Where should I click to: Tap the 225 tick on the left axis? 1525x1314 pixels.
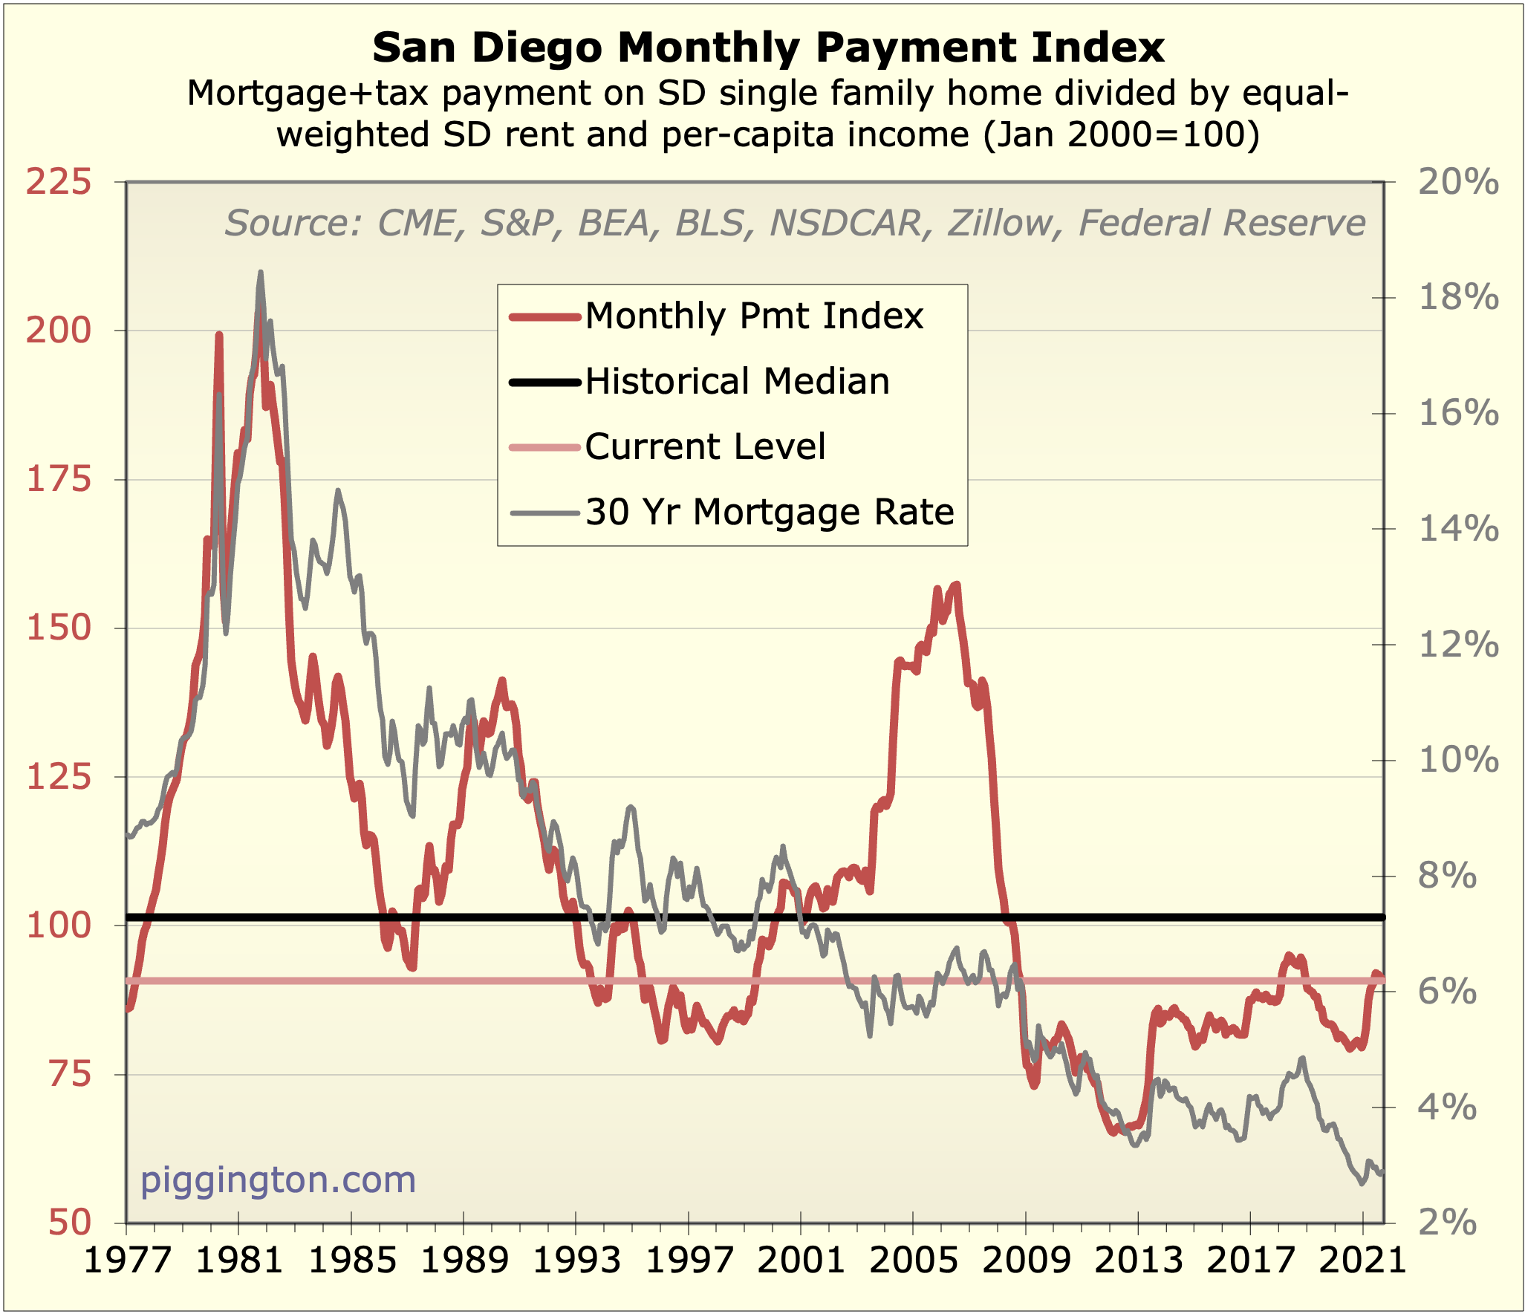point(59,183)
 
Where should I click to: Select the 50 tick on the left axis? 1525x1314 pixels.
point(70,1222)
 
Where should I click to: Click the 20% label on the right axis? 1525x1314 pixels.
point(1458,183)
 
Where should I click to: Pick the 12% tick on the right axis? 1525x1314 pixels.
point(1458,645)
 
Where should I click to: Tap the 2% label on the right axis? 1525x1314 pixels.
point(1447,1222)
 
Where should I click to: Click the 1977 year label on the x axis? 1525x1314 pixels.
point(127,1261)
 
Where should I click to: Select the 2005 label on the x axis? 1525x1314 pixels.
point(913,1261)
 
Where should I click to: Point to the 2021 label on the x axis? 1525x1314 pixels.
point(1362,1261)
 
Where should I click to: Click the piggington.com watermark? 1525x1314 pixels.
point(278,1180)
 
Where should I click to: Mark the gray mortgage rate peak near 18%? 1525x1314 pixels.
point(260,273)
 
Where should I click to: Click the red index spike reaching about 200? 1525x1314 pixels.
point(219,336)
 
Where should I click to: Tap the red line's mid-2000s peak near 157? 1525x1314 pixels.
point(957,585)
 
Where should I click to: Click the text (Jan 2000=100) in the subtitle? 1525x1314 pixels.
point(1122,135)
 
